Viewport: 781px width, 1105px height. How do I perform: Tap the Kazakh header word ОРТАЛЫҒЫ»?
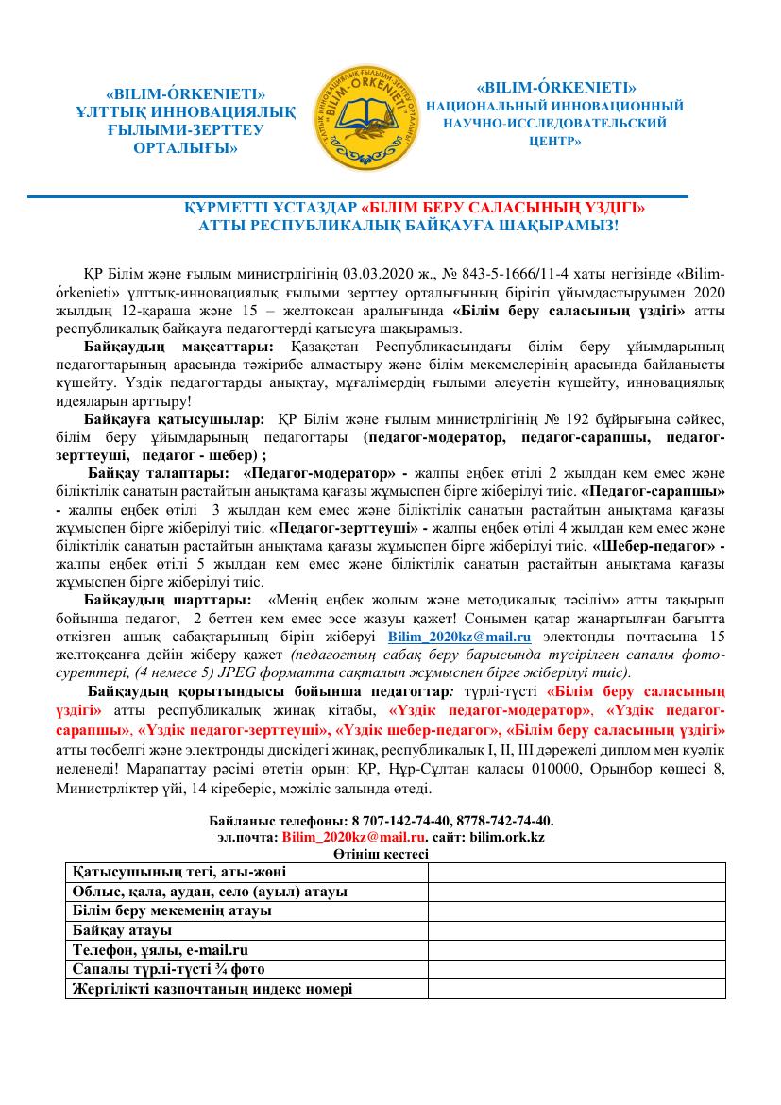pyautogui.click(x=185, y=149)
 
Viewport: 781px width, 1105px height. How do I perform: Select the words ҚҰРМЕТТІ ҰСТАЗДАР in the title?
pyautogui.click(x=272, y=208)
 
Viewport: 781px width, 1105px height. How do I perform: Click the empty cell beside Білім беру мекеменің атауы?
pyautogui.click(x=575, y=910)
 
